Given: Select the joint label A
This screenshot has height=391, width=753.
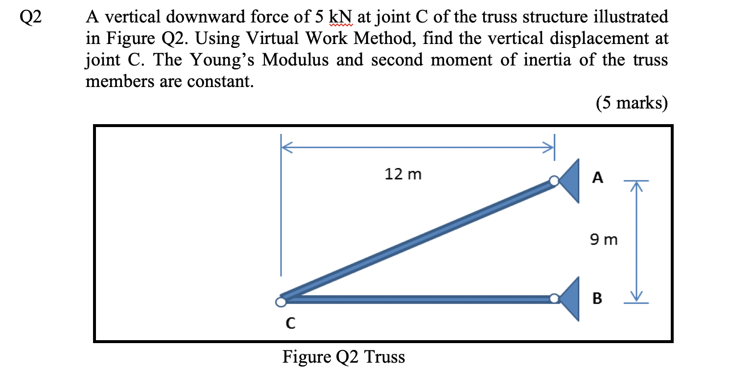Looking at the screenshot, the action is pyautogui.click(x=597, y=177).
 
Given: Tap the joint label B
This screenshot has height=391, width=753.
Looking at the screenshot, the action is pyautogui.click(x=597, y=298).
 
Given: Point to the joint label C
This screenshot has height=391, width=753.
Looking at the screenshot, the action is pyautogui.click(x=290, y=323).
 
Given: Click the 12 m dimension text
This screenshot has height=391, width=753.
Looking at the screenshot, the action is pyautogui.click(x=402, y=174).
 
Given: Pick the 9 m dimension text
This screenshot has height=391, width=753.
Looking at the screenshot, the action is pyautogui.click(x=604, y=240).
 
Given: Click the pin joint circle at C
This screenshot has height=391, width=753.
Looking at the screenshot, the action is pyautogui.click(x=281, y=302).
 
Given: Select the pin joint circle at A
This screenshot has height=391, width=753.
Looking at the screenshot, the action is pyautogui.click(x=554, y=181).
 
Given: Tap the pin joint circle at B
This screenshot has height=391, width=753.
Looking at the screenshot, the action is pyautogui.click(x=554, y=298).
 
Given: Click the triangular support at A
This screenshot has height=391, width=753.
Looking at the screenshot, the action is pyautogui.click(x=571, y=181).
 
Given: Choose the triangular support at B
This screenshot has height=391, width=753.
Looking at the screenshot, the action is pyautogui.click(x=571, y=298).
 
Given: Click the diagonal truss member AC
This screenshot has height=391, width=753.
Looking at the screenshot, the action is pyautogui.click(x=416, y=239).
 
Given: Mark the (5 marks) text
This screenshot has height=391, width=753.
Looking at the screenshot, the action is pyautogui.click(x=632, y=103).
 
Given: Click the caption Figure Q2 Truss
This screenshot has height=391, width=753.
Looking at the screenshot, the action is pyautogui.click(x=344, y=357).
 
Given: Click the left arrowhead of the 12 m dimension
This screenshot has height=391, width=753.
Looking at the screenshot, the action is pyautogui.click(x=285, y=146).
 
